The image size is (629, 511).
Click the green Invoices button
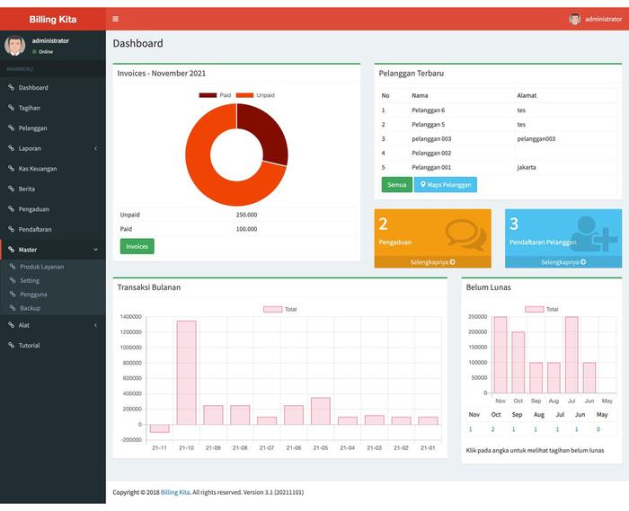coord(137,246)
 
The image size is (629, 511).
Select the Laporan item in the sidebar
coord(30,148)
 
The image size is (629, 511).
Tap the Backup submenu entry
coord(30,308)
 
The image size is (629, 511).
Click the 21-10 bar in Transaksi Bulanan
coord(186,372)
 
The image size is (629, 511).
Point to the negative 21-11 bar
coord(160,428)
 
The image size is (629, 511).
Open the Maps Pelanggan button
coord(445,185)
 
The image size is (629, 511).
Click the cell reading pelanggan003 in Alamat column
coord(536,138)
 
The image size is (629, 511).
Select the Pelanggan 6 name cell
coord(429,110)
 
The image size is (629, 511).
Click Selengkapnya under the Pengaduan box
coord(432,262)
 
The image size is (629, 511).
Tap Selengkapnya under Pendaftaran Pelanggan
coord(563,262)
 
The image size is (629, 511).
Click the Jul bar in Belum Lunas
coord(571,355)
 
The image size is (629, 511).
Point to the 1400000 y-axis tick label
coord(130,317)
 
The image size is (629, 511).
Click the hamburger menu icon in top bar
coord(116,19)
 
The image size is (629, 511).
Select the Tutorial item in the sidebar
coord(29,345)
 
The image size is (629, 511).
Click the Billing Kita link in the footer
coord(176,492)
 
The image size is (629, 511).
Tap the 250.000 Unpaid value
coord(246,215)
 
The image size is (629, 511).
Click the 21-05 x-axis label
coord(320,447)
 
